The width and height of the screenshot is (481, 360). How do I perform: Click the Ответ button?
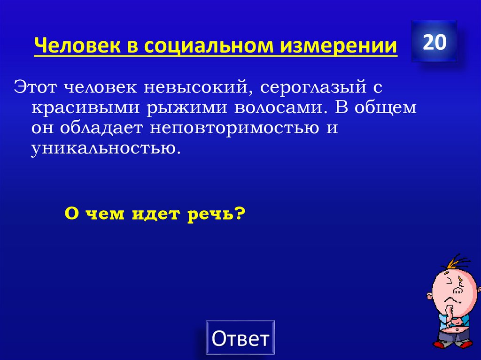coord(240,338)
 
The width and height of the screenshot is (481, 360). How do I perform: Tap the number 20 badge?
coord(434,42)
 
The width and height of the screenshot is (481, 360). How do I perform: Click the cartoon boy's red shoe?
coord(439,345)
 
